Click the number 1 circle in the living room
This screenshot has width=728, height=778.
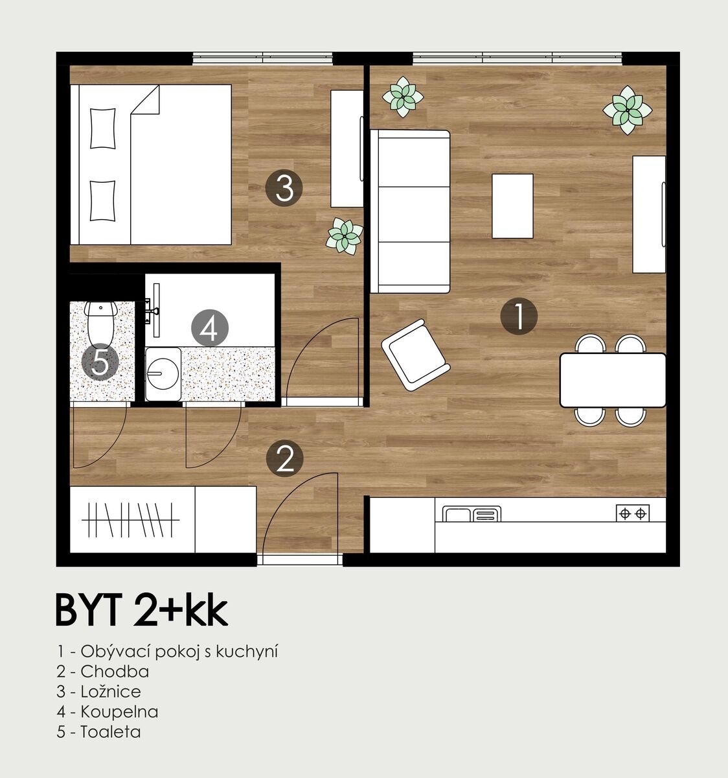pyautogui.click(x=519, y=316)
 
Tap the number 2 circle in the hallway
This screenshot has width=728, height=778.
pyautogui.click(x=284, y=459)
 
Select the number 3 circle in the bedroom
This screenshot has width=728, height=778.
pyautogui.click(x=284, y=188)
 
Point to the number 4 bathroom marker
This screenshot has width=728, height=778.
pyautogui.click(x=210, y=328)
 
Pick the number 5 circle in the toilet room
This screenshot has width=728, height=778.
pyautogui.click(x=100, y=362)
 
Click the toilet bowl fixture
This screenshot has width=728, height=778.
pyautogui.click(x=101, y=324)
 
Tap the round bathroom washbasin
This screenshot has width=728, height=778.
pyautogui.click(x=163, y=374)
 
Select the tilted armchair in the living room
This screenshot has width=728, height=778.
pyautogui.click(x=416, y=355)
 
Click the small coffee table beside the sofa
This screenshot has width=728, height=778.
pyautogui.click(x=512, y=206)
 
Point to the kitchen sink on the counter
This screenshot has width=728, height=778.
pyautogui.click(x=472, y=513)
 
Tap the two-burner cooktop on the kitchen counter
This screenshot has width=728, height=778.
pyautogui.click(x=633, y=513)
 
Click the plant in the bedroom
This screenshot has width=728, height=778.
pyautogui.click(x=345, y=236)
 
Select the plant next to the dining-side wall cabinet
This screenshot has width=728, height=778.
pyautogui.click(x=628, y=110)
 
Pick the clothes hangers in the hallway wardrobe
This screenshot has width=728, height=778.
pyautogui.click(x=130, y=520)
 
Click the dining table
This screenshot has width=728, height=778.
pyautogui.click(x=613, y=381)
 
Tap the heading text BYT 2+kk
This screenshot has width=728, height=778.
pyautogui.click(x=142, y=610)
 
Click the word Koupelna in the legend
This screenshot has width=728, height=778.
pyautogui.click(x=119, y=711)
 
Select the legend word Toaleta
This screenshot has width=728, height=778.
pyautogui.click(x=111, y=731)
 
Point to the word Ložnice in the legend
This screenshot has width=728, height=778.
pyautogui.click(x=111, y=691)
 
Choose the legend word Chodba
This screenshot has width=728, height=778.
pyautogui.click(x=115, y=672)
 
